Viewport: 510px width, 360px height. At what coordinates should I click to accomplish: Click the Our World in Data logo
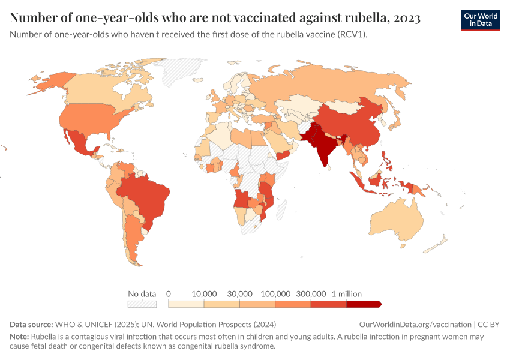tap(480, 19)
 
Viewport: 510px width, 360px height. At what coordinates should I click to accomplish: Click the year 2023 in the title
tap(407, 18)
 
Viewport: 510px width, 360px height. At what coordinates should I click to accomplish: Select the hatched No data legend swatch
tap(142, 304)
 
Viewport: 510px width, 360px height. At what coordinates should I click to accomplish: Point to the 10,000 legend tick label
tap(204, 294)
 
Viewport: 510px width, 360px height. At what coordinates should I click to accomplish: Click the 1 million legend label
tap(347, 294)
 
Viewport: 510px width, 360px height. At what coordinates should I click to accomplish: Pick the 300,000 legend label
tap(311, 294)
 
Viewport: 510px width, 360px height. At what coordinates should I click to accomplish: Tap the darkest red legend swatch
tap(364, 304)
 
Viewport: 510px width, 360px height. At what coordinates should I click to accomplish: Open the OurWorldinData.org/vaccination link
tap(415, 325)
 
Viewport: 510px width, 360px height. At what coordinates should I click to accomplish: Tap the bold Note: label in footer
tap(20, 337)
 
